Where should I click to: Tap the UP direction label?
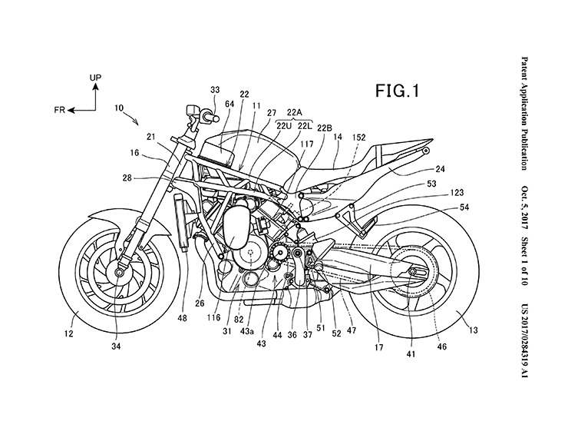pyautogui.click(x=95, y=78)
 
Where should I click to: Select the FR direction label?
pyautogui.click(x=58, y=111)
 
